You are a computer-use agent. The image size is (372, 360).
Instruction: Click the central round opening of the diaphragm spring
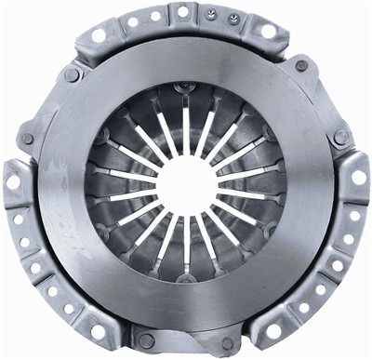click(x=185, y=183)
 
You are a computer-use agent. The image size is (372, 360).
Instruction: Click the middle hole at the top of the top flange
click(x=183, y=12)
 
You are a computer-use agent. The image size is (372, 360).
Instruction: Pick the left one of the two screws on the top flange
click(x=211, y=15)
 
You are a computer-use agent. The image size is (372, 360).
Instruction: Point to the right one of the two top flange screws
click(x=232, y=19)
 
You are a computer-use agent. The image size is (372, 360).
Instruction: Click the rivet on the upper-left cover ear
click(x=72, y=74)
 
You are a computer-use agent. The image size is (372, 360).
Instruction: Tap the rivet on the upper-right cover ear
click(x=301, y=66)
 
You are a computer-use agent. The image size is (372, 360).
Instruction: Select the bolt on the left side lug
click(x=27, y=139)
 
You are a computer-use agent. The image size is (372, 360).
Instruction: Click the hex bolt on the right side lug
click(x=341, y=137)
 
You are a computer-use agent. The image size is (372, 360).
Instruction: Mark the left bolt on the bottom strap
click(x=146, y=340)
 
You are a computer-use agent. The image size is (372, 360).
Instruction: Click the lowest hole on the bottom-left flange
click(x=98, y=329)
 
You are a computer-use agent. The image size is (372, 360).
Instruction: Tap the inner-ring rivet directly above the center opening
click(x=186, y=88)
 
